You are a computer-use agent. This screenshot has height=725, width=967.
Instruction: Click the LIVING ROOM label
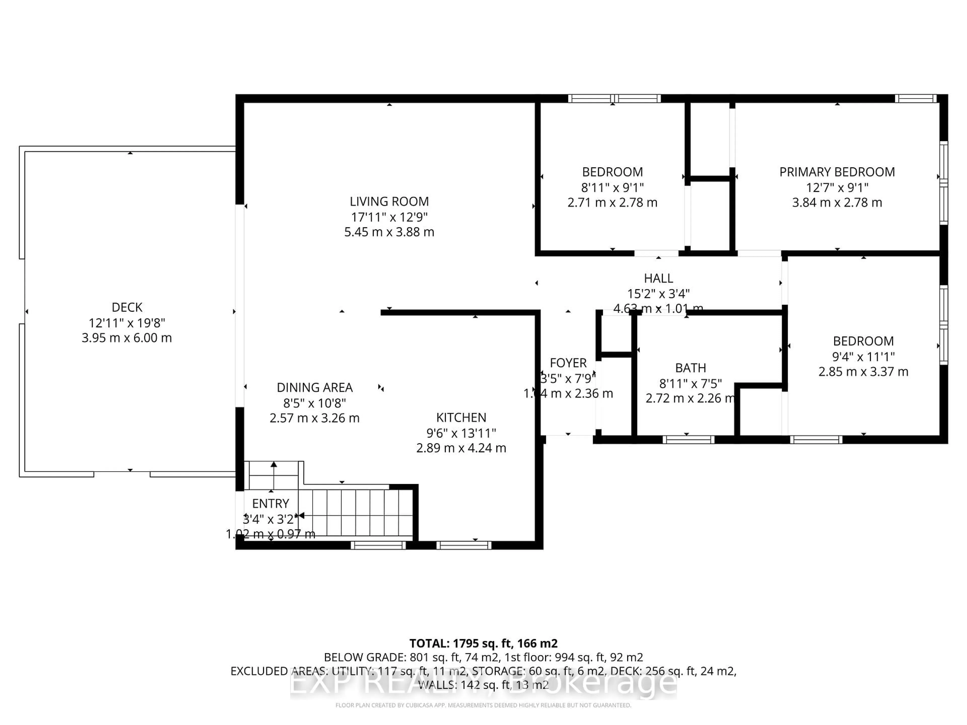tap(389, 201)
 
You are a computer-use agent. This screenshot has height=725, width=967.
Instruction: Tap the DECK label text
tap(127, 307)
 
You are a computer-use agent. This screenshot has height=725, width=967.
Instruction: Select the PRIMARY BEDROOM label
tap(837, 172)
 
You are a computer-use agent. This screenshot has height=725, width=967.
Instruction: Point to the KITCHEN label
tap(461, 417)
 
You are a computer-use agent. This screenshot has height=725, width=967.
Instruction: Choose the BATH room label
tap(690, 368)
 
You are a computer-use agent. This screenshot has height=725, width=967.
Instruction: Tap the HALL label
tap(658, 278)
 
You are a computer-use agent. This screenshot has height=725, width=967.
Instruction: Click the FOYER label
tap(568, 363)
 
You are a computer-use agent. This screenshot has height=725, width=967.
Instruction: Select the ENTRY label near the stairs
tap(271, 503)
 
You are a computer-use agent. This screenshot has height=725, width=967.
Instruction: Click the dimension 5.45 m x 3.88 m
tap(389, 232)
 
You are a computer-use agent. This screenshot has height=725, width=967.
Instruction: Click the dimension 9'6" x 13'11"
tap(461, 433)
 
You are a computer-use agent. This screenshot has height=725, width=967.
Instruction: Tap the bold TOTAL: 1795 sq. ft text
tap(483, 643)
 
